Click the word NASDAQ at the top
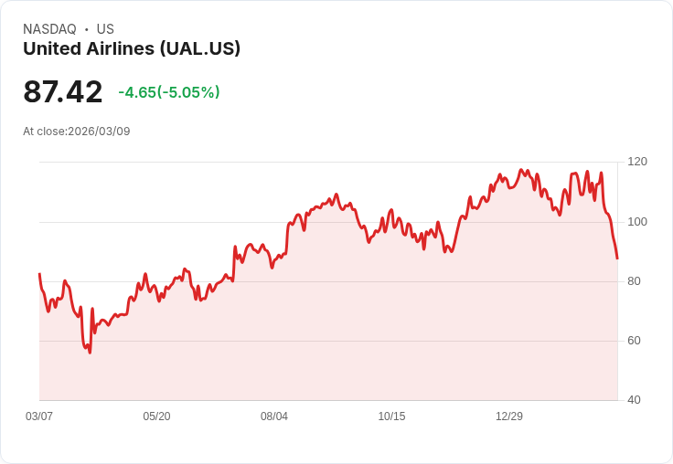pos(49,29)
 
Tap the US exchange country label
pos(105,29)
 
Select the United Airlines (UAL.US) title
pos(132,48)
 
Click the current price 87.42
pos(63,92)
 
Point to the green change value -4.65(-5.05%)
pos(169,92)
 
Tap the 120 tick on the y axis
pos(637,162)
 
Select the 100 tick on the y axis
pos(637,222)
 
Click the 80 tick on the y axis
pos(634,281)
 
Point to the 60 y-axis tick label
pos(634,341)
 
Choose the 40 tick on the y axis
pos(634,400)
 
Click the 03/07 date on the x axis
pos(39,417)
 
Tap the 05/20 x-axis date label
pos(156,417)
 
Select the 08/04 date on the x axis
pos(274,417)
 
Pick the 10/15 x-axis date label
pos(391,417)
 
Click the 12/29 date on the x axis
pos(509,417)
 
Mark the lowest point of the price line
pos(90,353)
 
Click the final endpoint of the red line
pos(617,258)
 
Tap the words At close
pos(44,132)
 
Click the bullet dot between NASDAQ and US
pos(87,29)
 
